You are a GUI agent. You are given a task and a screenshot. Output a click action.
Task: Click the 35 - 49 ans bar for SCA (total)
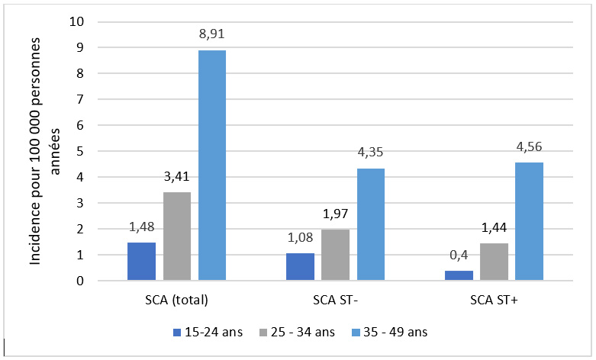[211, 166]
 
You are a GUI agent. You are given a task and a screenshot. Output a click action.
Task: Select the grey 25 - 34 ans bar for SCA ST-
[335, 255]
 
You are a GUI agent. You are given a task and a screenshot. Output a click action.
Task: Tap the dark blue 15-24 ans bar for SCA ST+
[459, 275]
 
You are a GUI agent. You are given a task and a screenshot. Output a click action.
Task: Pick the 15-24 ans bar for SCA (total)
[141, 262]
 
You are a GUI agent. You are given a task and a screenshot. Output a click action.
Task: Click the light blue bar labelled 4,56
[530, 221]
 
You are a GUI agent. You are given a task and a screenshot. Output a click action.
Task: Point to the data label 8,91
[211, 34]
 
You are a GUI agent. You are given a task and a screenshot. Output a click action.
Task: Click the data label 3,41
[176, 177]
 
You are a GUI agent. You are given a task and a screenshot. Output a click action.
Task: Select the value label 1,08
[300, 237]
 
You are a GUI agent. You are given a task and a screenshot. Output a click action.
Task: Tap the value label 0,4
[459, 256]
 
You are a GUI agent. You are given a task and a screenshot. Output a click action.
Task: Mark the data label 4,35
[370, 153]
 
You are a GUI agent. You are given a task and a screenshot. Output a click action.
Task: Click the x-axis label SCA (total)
[176, 300]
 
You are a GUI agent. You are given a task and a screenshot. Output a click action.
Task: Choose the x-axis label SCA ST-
[335, 300]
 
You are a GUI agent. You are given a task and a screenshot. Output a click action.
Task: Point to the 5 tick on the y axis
[79, 151]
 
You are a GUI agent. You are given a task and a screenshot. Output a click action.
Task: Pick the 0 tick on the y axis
[79, 281]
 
